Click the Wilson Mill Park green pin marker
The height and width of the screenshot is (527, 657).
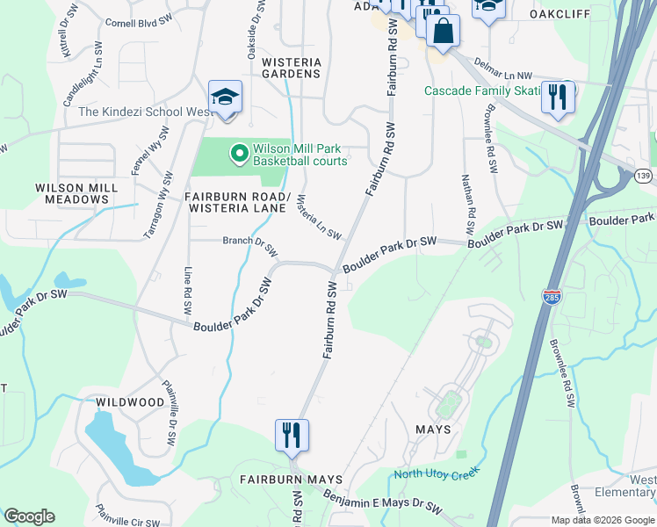(238, 155)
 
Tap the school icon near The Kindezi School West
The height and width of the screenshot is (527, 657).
(225, 97)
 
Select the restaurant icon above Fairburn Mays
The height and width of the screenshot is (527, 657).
(292, 435)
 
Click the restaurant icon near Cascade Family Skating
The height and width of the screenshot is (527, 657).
(558, 97)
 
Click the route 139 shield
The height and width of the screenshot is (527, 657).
(644, 177)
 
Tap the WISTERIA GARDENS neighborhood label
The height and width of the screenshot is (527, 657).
(292, 68)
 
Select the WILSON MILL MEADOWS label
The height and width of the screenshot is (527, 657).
(71, 193)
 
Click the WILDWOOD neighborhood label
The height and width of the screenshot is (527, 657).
(132, 402)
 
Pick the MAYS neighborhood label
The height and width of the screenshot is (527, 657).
(434, 430)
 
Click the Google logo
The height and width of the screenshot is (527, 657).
(29, 516)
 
